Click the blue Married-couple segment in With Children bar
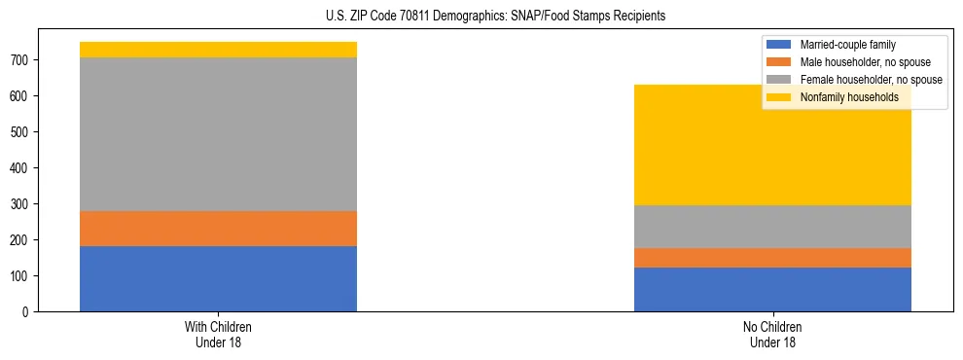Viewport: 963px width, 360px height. (218, 278)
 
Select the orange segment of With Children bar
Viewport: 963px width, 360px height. (218, 229)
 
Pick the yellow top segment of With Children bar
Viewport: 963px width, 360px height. (218, 50)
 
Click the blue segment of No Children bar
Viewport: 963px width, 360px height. (772, 289)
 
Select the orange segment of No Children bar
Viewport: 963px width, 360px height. (772, 258)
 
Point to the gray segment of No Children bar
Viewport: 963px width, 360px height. (772, 227)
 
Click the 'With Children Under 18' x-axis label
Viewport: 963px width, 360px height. (218, 335)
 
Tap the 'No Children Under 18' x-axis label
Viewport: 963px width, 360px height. (772, 335)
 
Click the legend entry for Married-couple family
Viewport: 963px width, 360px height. (847, 45)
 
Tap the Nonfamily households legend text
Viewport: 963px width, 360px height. (849, 97)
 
